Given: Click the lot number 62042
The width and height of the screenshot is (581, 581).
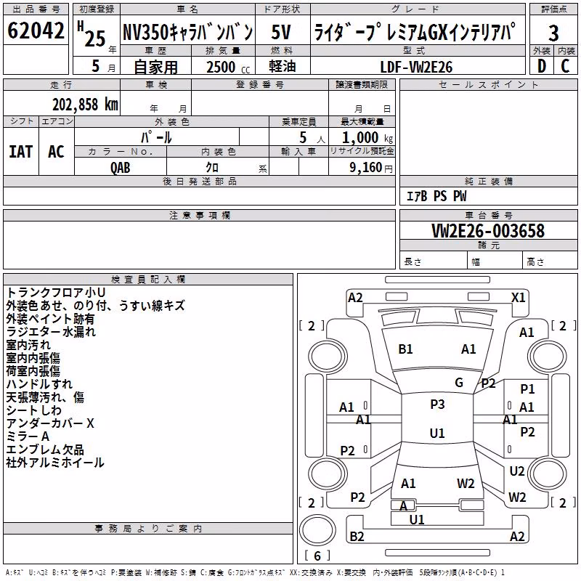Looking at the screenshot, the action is pos(36,31).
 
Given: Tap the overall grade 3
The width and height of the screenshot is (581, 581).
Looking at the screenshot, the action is pos(553,33).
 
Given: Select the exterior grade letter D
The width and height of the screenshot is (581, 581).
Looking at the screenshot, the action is pos(542,66).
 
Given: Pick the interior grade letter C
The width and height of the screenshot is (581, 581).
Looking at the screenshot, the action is pos(565,66).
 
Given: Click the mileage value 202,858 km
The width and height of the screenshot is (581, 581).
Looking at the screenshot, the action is pos(85,105).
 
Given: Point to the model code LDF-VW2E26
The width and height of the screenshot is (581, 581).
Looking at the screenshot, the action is pos(416,67).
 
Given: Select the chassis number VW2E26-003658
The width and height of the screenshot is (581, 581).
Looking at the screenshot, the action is pos(488,231).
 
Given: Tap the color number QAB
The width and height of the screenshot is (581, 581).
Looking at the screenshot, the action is pos(121,168).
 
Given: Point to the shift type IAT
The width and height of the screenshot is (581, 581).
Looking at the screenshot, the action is pos(21,152).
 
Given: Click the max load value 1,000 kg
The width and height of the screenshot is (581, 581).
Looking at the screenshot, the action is pos(367,138).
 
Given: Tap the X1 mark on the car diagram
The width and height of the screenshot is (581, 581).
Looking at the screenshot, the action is pos(518,298).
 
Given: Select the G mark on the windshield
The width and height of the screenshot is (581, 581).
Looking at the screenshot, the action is pos(459,383).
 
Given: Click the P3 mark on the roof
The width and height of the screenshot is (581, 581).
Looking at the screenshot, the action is pos(437,405).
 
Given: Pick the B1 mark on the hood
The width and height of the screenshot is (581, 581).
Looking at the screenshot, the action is pos(405,349).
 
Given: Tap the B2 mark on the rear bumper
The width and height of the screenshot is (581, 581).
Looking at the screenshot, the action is pos(357,537).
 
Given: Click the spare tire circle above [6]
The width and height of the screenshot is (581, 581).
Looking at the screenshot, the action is pos(317,530).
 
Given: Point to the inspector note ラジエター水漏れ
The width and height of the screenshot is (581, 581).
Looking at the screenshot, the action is pos(51,332).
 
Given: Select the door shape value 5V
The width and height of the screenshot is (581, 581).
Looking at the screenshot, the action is pos(281,32).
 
